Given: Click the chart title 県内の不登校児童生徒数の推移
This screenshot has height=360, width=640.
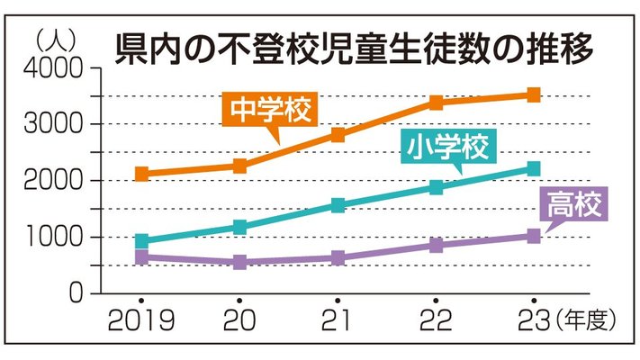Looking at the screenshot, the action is (x=354, y=49).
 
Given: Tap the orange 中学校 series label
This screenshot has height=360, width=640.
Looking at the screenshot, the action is (x=270, y=110).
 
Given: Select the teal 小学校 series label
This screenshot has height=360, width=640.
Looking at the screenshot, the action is (x=447, y=147).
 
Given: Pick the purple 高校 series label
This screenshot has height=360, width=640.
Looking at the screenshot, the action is (x=574, y=204).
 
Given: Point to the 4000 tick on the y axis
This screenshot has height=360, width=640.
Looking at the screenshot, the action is (x=53, y=67).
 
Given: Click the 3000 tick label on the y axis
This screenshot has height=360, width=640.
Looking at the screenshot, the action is (x=53, y=123).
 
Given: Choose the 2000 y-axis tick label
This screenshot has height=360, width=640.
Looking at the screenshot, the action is (x=53, y=180).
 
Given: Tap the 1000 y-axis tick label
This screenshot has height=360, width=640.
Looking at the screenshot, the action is (x=54, y=237).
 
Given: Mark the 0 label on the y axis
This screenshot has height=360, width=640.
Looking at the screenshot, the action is (x=76, y=292).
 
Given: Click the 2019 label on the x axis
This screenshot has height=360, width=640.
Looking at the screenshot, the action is (x=141, y=320).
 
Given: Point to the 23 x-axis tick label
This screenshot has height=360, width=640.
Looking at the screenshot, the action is (x=534, y=320).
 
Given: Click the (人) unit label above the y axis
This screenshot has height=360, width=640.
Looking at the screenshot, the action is (x=56, y=40).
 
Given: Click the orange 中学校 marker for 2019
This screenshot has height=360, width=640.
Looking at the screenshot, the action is (x=141, y=174).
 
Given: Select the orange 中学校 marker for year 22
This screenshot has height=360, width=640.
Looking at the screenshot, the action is (x=436, y=103).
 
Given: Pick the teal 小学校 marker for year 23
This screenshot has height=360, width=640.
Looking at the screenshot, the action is (x=534, y=168).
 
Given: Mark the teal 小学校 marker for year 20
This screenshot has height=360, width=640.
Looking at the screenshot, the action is (x=240, y=227).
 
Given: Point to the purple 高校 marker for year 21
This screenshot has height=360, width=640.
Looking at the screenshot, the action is (x=338, y=258).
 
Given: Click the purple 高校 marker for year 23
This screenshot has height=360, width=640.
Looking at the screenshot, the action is (x=534, y=236).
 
